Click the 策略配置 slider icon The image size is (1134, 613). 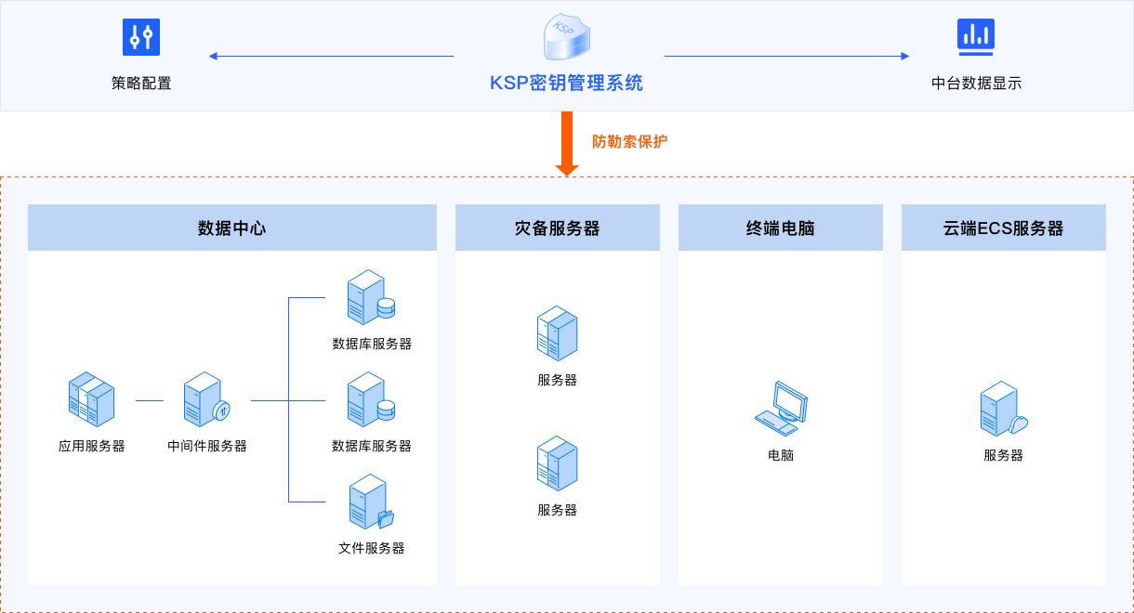(141, 37)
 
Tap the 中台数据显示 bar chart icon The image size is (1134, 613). (976, 36)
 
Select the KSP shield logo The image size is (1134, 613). (566, 38)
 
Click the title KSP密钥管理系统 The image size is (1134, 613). (566, 83)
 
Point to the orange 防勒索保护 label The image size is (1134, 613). (629, 142)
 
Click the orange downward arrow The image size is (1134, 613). (567, 144)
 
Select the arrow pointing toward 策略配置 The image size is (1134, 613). (330, 57)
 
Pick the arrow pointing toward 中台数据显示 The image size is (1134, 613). (786, 57)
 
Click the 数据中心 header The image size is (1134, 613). (232, 228)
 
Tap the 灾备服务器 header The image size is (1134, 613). (558, 228)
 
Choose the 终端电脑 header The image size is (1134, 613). (781, 228)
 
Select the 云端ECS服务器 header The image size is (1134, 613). (1004, 228)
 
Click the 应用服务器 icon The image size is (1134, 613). (91, 399)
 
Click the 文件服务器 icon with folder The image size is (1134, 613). (371, 502)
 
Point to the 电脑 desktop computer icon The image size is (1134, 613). (781, 408)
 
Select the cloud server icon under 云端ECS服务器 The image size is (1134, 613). (1003, 410)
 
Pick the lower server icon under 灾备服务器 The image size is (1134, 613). (558, 463)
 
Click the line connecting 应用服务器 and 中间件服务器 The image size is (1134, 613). (150, 400)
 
